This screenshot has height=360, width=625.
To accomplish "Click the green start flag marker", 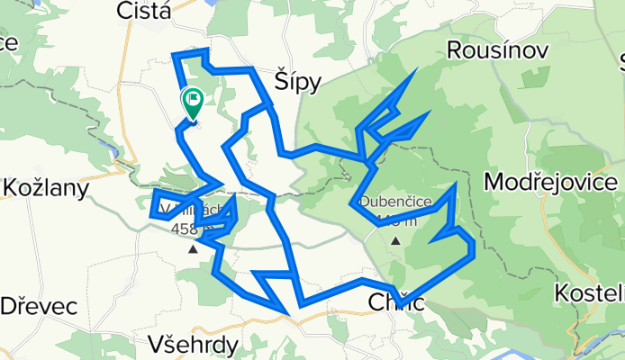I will [x=193, y=102].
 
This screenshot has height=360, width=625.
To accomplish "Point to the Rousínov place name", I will [x=497, y=49].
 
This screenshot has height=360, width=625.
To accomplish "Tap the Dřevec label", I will [x=38, y=305].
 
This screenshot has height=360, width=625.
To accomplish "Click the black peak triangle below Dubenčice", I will [x=395, y=241].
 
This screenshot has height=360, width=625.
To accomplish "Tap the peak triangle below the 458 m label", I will [x=192, y=249].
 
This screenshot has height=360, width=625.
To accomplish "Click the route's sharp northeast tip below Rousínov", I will [x=415, y=71].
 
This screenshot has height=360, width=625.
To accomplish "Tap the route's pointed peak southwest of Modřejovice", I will [x=456, y=185].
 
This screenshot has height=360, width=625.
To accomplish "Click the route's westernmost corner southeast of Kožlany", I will [x=150, y=214].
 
